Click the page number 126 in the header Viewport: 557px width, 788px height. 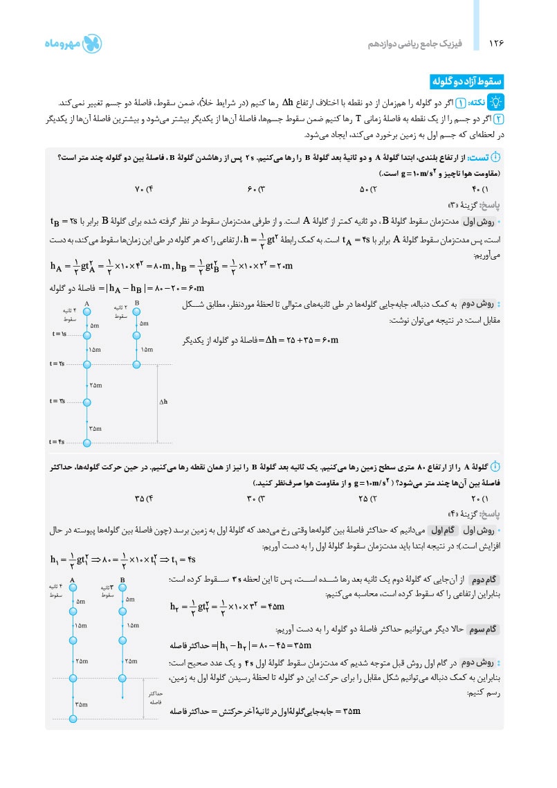coord(495,44)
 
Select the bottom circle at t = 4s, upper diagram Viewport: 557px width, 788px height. coord(87,442)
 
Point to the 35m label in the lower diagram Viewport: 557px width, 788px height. coord(82,704)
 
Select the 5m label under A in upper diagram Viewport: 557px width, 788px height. coord(95,325)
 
